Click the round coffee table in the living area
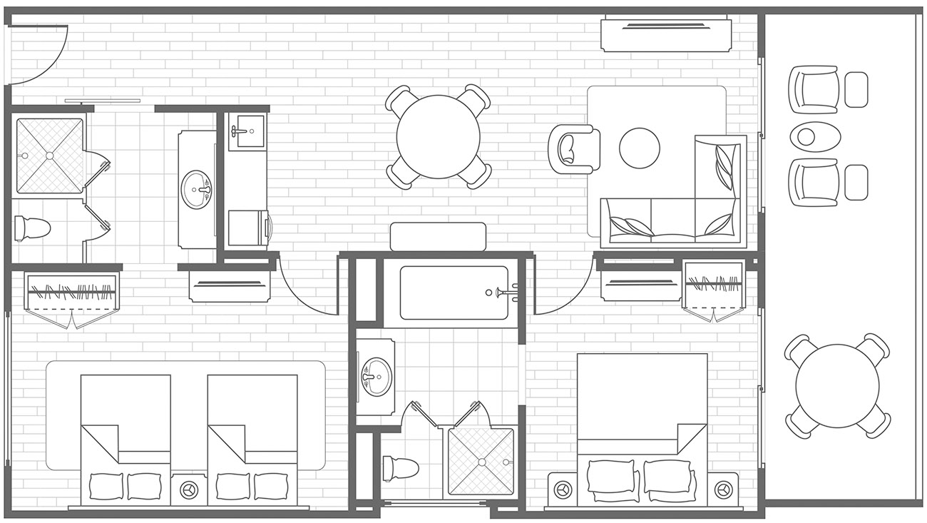[640, 148]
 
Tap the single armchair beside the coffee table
[573, 148]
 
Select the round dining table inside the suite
[438, 136]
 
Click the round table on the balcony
[836, 385]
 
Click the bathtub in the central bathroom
[454, 293]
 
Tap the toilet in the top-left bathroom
[32, 228]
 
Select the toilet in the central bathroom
[400, 468]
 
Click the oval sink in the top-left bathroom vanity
[197, 189]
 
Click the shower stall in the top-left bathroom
[49, 155]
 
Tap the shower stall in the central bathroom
[479, 461]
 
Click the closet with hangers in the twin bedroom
[71, 295]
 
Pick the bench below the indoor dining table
[438, 236]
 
